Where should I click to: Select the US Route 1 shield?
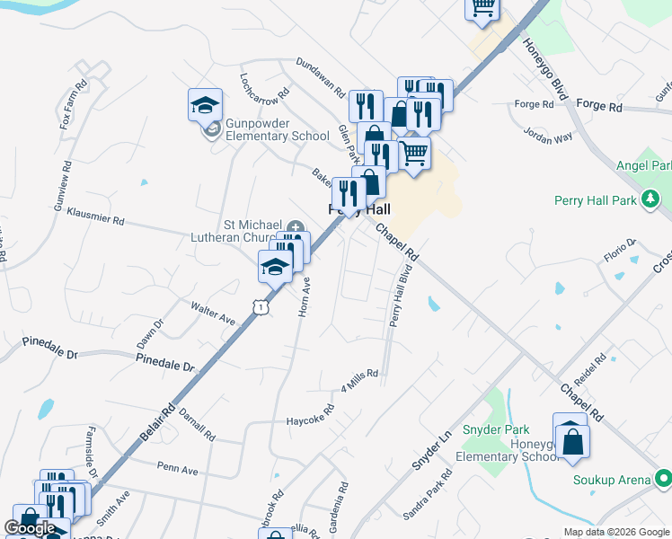[260, 307]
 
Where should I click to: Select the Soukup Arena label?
[612, 480]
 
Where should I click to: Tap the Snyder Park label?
[491, 429]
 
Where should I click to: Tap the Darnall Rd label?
[198, 423]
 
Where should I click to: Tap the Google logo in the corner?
[30, 527]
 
